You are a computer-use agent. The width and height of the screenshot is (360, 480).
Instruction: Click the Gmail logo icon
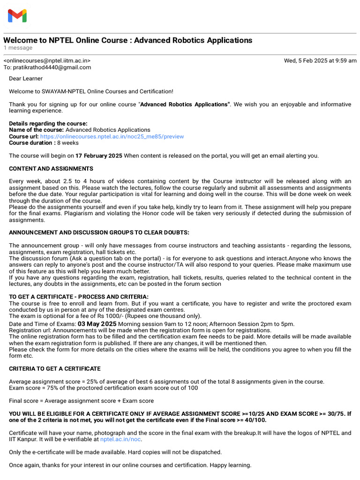click(x=17, y=16)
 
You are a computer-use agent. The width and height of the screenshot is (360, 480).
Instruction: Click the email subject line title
click(x=127, y=40)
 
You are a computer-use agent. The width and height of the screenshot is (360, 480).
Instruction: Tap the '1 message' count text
click(x=18, y=48)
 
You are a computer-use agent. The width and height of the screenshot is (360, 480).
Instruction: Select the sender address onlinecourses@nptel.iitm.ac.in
click(x=47, y=60)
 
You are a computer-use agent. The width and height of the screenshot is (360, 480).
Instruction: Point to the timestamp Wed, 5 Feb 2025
click(x=320, y=60)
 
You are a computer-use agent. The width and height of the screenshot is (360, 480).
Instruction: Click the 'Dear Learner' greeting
click(x=26, y=79)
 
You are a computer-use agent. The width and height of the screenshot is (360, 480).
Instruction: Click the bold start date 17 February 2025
click(x=99, y=156)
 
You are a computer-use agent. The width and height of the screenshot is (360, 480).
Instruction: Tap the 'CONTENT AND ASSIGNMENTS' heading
click(x=51, y=169)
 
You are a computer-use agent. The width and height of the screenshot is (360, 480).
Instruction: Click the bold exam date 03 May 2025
click(x=97, y=324)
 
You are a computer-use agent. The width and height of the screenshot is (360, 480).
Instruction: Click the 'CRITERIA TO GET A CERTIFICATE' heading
click(x=55, y=369)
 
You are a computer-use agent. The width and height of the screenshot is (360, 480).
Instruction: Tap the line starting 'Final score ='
click(x=81, y=401)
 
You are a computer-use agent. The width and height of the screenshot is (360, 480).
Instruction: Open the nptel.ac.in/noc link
click(x=120, y=439)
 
